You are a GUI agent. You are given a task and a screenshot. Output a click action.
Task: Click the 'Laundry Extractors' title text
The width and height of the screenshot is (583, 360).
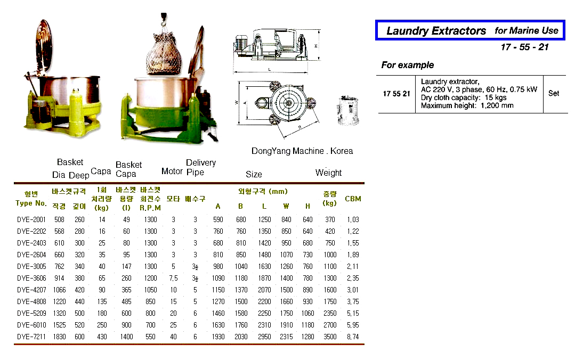coord(435,31)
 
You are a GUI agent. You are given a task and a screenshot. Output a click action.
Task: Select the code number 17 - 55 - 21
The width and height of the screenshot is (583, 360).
coord(524,47)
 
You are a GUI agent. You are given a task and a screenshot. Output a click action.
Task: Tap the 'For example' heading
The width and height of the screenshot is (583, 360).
coord(408,65)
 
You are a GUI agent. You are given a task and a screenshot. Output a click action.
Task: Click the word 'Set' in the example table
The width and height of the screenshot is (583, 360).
coord(554,93)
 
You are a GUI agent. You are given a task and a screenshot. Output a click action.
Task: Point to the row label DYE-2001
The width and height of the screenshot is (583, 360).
coord(31,219)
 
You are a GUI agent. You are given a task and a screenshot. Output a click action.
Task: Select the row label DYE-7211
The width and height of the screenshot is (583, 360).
coord(31,337)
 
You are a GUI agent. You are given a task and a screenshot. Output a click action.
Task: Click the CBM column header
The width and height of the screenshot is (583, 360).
coord(353,199)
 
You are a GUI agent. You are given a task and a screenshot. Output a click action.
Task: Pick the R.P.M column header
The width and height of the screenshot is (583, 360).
coord(150,208)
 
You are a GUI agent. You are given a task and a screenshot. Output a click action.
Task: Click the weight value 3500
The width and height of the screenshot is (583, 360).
coord(330,337)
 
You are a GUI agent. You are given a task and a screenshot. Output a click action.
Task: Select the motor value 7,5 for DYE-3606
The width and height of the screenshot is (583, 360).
coord(173,278)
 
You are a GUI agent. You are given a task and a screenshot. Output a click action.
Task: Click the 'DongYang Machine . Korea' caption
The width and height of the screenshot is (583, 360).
coord(302,151)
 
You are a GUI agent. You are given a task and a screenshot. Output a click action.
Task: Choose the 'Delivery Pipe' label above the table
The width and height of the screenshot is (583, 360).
coord(200,167)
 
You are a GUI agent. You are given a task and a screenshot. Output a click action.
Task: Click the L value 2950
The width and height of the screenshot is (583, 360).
coord(264,337)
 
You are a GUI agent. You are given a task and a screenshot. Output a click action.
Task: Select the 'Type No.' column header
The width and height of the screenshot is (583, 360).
coord(31,203)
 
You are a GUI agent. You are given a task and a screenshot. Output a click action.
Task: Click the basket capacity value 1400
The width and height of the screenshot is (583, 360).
coord(126,337)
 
